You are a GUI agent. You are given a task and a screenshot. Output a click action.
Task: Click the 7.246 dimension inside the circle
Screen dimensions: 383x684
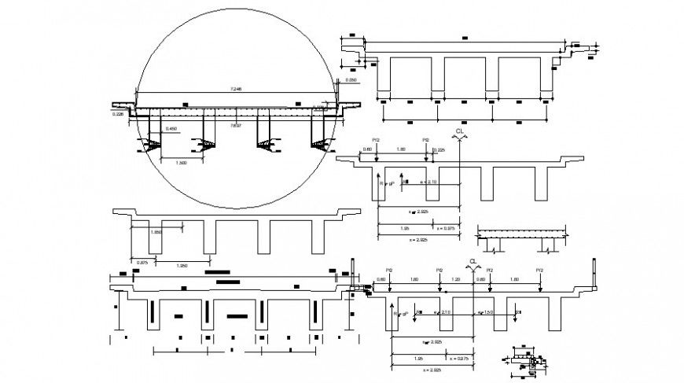(x=234, y=88)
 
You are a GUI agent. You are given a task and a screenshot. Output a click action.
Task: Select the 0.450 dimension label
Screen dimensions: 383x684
(x=169, y=128)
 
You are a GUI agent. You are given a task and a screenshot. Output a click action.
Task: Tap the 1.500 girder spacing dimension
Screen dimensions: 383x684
(x=180, y=163)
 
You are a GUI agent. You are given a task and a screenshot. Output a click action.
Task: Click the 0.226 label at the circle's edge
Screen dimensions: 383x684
(x=119, y=115)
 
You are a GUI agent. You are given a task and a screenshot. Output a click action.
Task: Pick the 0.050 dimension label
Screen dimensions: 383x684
(x=351, y=80)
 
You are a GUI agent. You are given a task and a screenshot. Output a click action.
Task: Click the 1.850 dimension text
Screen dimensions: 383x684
(x=155, y=233)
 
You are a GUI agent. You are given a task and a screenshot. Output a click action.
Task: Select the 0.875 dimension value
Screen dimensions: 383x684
(x=142, y=262)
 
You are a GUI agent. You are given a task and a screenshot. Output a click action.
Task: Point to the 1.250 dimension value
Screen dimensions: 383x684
(x=181, y=266)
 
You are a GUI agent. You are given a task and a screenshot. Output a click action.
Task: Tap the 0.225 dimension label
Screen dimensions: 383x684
(x=439, y=149)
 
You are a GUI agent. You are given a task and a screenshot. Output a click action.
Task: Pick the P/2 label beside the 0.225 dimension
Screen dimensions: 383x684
(x=425, y=139)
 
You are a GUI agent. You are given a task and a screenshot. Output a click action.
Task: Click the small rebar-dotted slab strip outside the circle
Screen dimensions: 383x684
(x=522, y=233)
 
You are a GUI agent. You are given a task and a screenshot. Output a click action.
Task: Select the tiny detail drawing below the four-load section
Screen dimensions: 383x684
(x=524, y=360)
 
